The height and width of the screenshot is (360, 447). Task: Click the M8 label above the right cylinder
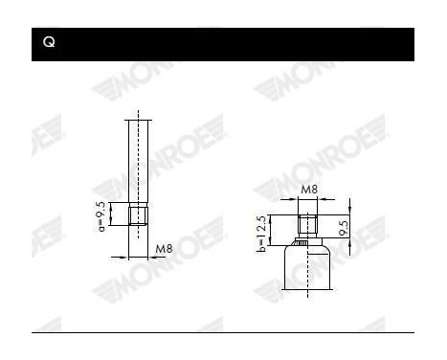(x=307, y=190)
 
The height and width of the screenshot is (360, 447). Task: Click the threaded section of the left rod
(x=140, y=214)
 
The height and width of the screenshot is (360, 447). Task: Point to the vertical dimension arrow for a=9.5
(x=113, y=214)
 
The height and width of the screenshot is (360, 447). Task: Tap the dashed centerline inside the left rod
(x=140, y=163)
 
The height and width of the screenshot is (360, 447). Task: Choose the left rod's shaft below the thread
(x=140, y=239)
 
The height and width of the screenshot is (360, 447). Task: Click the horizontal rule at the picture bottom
(x=223, y=333)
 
